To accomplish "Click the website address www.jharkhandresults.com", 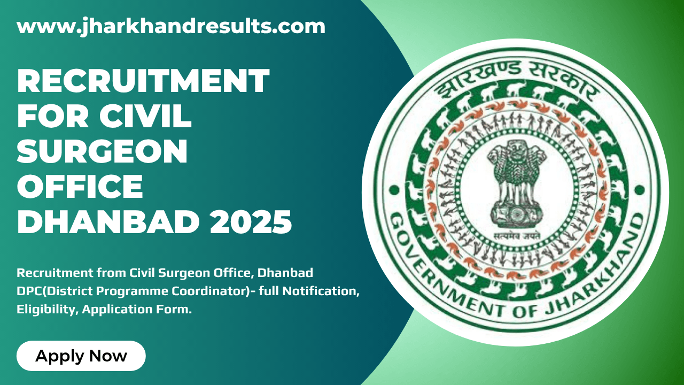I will pyautogui.click(x=171, y=26).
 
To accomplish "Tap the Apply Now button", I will pyautogui.click(x=81, y=356).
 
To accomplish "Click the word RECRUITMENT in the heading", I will pyautogui.click(x=143, y=81).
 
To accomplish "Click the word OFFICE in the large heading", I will pyautogui.click(x=80, y=187).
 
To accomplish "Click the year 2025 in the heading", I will pyautogui.click(x=251, y=222).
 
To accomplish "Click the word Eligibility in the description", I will pyautogui.click(x=46, y=310).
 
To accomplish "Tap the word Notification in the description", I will pyautogui.click(x=323, y=291).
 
